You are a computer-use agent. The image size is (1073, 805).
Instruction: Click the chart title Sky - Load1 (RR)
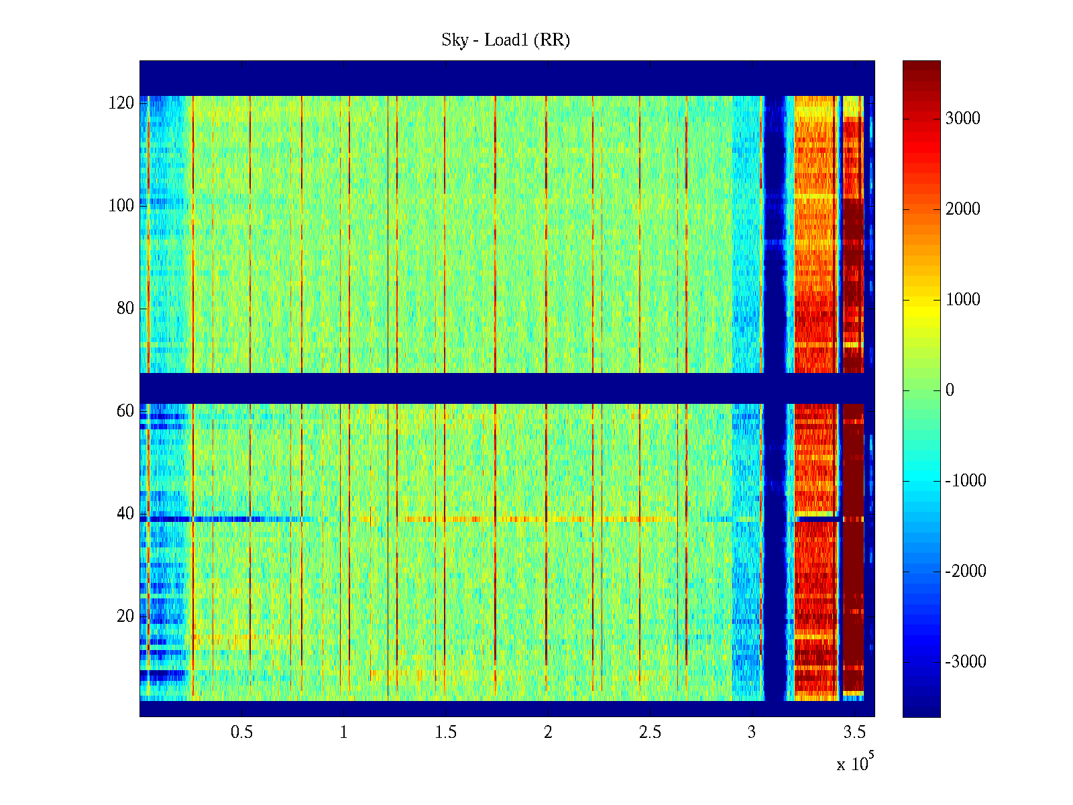coord(506,40)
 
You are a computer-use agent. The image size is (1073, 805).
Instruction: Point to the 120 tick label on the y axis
coord(121,103)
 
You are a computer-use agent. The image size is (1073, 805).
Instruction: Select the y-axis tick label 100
coord(121,206)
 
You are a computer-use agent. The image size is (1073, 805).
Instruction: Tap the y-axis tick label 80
coord(125,309)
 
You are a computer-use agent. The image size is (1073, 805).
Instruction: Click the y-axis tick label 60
coord(125,411)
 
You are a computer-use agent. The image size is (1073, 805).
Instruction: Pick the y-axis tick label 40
coord(125,514)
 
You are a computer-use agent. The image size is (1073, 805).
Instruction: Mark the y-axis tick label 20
coord(125,616)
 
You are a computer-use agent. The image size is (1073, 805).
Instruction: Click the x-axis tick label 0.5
coord(241,733)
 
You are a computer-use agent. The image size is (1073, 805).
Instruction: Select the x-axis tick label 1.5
coord(446,733)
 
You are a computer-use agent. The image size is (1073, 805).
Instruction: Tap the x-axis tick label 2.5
coord(650,733)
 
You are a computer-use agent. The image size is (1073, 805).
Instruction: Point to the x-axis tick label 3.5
coord(854,733)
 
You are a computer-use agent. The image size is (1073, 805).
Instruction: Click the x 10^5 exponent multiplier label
coord(854,763)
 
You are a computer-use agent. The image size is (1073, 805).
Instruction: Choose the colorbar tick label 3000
coord(962,119)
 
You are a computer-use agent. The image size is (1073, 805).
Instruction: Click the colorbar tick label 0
coord(950,390)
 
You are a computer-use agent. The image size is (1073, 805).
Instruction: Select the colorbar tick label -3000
coord(965,662)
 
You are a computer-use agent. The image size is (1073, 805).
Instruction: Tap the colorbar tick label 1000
coord(962,300)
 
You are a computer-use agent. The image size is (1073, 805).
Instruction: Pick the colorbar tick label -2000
coord(965,572)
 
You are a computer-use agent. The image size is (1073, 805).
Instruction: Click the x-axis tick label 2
coord(548,733)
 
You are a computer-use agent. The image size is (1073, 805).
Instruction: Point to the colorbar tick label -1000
coord(965,481)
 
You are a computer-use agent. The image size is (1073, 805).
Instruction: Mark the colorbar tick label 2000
coord(962,209)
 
